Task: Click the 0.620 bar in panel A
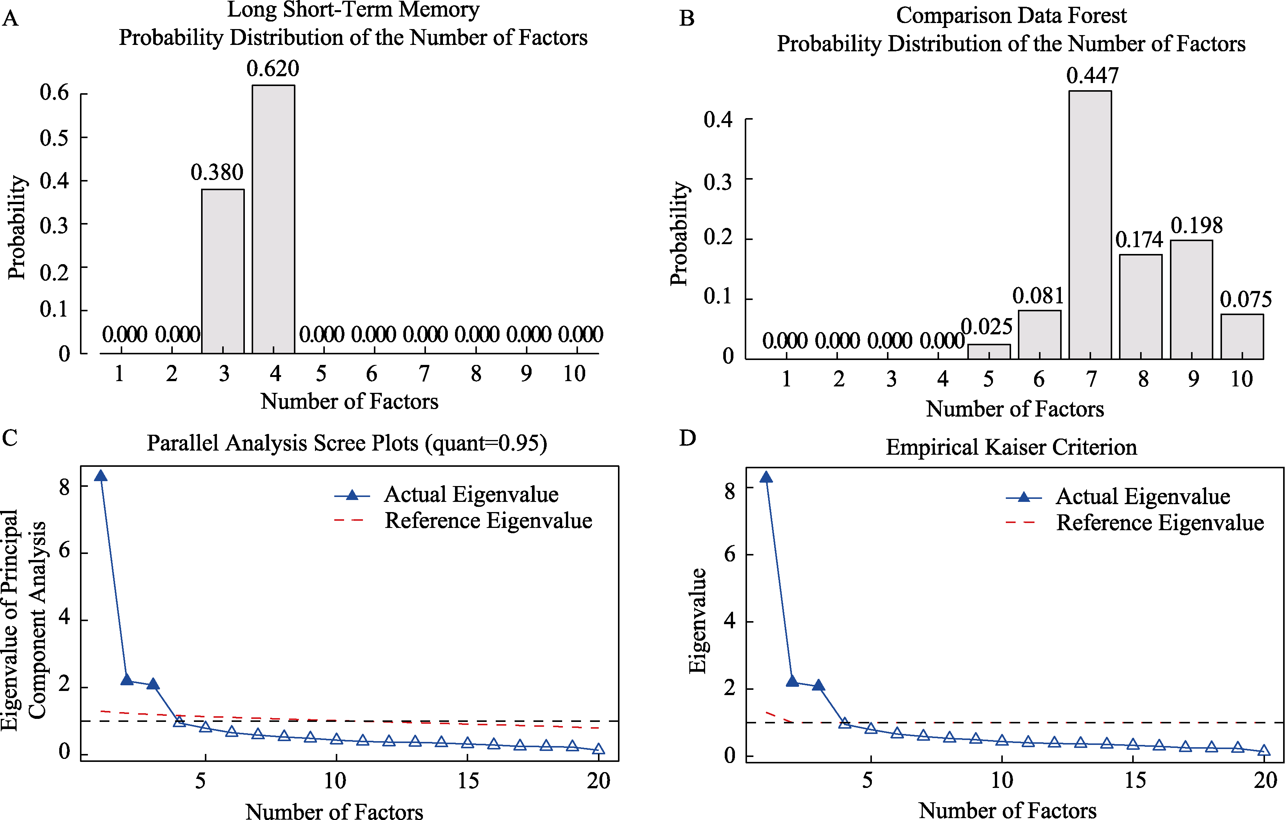click(273, 219)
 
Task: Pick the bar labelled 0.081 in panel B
click(1039, 335)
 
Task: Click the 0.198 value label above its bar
click(1196, 226)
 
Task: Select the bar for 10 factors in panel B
click(1242, 336)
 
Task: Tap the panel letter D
click(687, 438)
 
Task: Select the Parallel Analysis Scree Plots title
click(347, 443)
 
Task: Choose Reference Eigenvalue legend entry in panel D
click(1160, 523)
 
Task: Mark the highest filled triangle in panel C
click(100, 476)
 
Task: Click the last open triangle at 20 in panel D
click(1263, 751)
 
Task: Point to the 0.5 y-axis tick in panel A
click(54, 138)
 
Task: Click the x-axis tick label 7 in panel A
click(424, 374)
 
